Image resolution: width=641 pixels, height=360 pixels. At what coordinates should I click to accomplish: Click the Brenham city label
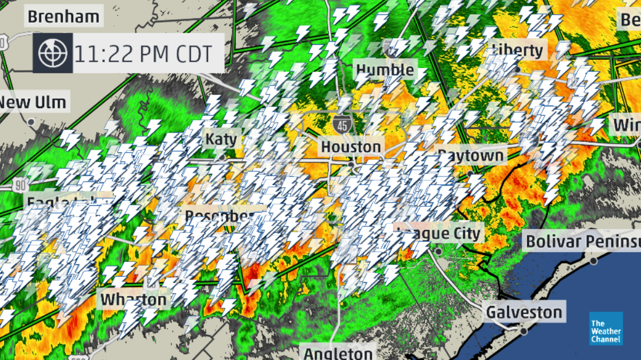click(64, 16)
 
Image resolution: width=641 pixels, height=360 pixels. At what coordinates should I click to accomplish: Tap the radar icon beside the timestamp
click(53, 53)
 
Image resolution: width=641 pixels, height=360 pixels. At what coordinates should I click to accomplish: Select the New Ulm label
click(33, 102)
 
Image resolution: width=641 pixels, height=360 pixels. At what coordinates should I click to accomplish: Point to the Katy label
click(221, 139)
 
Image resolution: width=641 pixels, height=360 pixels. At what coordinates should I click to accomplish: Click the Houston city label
click(351, 147)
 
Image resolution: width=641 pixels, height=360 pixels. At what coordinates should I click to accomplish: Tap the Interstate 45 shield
click(342, 122)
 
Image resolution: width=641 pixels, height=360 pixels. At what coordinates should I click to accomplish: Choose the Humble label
click(385, 71)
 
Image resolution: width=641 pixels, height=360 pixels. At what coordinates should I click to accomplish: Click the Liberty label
click(517, 50)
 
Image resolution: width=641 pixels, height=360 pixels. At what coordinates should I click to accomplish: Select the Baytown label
click(471, 156)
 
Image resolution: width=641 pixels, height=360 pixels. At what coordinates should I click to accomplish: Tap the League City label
click(439, 234)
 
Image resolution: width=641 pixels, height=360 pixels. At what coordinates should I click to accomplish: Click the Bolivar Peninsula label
click(581, 241)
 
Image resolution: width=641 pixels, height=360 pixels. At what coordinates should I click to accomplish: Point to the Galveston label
click(524, 312)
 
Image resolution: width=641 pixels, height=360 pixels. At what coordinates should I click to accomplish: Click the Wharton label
click(134, 300)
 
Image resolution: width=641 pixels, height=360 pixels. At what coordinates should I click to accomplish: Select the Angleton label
click(338, 353)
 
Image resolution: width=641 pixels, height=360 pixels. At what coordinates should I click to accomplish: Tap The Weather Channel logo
click(606, 329)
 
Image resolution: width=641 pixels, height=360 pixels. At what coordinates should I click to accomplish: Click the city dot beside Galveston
click(524, 331)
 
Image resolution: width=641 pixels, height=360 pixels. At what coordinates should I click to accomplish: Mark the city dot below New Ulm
click(31, 122)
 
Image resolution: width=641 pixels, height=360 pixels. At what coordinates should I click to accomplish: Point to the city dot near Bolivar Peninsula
click(593, 261)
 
